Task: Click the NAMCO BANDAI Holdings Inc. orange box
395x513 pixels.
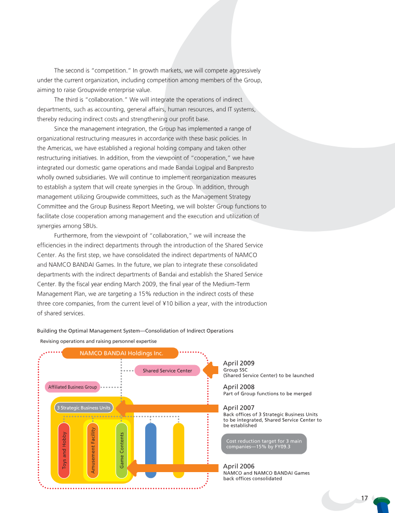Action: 121,353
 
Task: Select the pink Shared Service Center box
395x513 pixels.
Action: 167,371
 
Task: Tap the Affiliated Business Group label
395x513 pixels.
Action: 73,387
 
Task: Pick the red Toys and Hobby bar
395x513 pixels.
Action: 63,450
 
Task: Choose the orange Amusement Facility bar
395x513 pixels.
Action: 92,450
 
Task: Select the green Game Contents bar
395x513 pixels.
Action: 121,450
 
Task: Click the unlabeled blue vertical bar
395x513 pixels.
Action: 151,450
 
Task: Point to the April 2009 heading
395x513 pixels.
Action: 239,363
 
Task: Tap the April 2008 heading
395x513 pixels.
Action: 239,387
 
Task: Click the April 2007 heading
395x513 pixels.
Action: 239,408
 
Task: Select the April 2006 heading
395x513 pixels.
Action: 239,466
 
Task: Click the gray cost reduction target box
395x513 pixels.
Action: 264,444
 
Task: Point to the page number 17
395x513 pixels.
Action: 364,498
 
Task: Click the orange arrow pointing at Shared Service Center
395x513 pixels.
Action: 211,371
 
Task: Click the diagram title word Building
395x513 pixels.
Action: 47,330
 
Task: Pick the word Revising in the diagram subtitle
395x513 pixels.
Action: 50,341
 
